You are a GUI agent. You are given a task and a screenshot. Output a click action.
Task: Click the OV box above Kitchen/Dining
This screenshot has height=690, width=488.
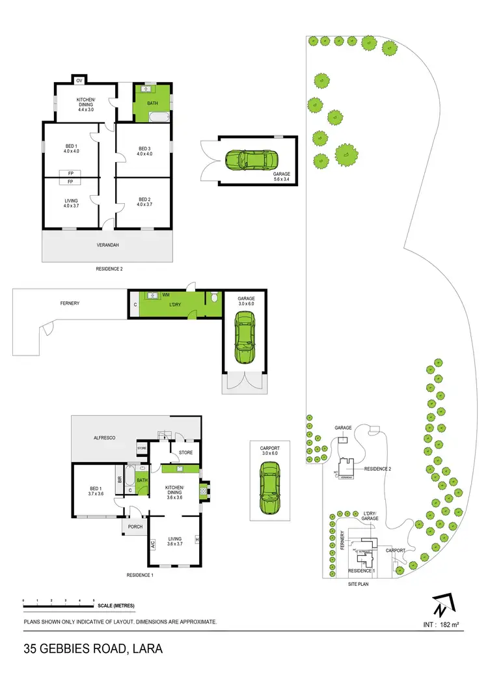click(79, 80)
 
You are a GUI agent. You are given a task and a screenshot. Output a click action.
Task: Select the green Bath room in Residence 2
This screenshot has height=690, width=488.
click(153, 102)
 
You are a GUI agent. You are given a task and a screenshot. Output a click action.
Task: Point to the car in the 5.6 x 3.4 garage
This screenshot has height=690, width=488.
click(251, 159)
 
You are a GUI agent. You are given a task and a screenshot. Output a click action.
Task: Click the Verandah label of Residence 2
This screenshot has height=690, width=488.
click(109, 245)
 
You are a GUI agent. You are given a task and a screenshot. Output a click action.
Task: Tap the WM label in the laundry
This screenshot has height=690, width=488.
click(166, 295)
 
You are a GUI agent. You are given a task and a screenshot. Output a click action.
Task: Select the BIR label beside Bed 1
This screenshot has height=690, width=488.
click(119, 480)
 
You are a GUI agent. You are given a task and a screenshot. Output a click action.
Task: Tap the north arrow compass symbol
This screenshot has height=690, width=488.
click(441, 606)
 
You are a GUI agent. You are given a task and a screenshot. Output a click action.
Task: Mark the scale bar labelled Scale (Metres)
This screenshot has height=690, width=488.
click(59, 606)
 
